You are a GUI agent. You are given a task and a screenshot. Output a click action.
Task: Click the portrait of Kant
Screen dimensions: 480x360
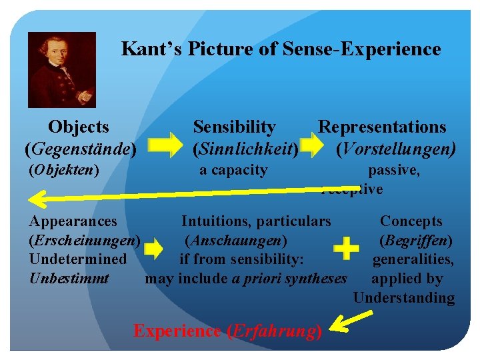coord(62,70)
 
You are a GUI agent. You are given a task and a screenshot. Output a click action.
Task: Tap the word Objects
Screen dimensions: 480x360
coord(79,127)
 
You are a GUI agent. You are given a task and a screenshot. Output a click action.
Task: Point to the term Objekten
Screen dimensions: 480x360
coord(64,170)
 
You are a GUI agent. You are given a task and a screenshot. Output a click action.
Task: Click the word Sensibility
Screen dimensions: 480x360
coord(234,127)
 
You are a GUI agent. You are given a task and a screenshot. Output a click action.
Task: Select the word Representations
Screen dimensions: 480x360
coord(382,127)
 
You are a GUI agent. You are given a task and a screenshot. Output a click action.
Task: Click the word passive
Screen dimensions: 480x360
coord(394,170)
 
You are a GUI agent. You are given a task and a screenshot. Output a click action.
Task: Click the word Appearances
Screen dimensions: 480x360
coord(73,221)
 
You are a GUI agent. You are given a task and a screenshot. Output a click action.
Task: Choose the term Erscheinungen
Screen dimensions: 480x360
coord(83,240)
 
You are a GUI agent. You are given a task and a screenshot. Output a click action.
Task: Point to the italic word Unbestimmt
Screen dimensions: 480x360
coord(69,278)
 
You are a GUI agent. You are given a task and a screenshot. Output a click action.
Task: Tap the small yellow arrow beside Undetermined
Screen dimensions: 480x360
coord(153,250)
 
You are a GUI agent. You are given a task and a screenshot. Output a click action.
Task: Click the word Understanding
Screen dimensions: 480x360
coord(404,298)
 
